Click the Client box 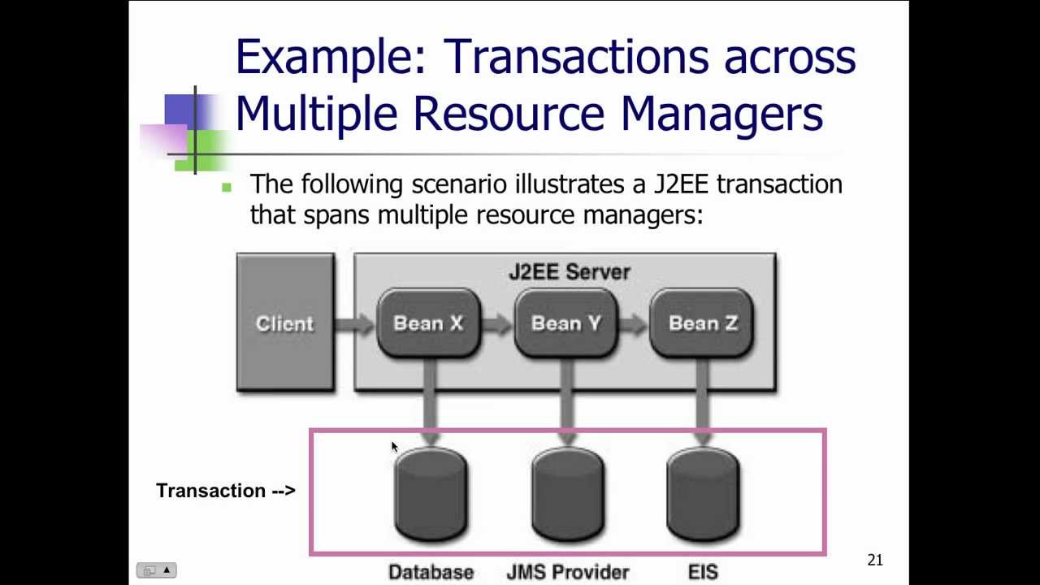284,323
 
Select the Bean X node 428,323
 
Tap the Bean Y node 566,323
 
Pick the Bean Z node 703,323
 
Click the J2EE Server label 569,272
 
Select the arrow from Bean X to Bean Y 496,324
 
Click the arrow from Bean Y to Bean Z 633,324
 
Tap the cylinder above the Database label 431,495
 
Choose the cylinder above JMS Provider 567,495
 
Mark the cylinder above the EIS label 703,495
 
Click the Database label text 431,572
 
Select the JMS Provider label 567,572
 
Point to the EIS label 703,572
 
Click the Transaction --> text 225,491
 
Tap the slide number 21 874,560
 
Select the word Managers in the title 721,114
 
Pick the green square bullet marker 227,187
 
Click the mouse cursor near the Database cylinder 394,447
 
